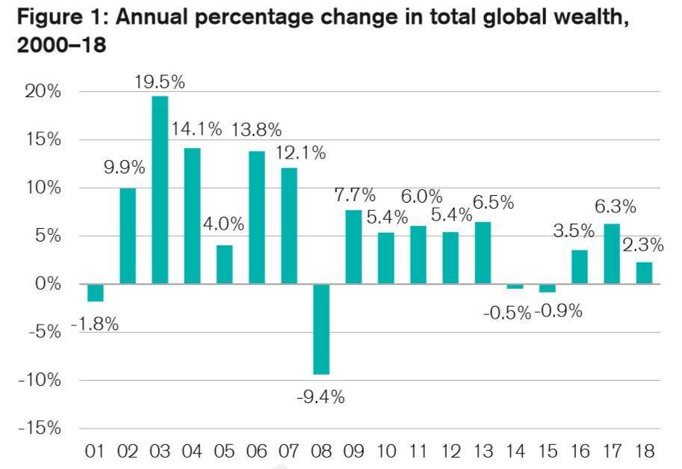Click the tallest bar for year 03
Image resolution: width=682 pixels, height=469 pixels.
(x=160, y=190)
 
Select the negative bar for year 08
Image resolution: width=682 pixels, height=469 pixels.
(x=321, y=329)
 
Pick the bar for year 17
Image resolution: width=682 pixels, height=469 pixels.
(x=612, y=254)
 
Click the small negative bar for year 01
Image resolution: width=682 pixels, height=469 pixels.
(x=95, y=292)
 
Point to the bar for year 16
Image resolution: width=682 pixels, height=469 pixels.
(x=580, y=267)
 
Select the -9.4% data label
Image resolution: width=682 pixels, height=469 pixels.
(x=320, y=397)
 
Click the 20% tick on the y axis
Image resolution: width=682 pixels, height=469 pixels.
(x=43, y=92)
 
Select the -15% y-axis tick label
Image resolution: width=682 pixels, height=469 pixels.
(x=39, y=429)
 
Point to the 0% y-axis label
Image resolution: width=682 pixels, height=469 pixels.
(x=48, y=284)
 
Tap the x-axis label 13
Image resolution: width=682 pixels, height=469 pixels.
(x=483, y=451)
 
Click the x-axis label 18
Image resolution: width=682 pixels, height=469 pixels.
(x=644, y=451)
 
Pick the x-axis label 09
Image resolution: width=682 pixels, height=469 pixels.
(x=353, y=451)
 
